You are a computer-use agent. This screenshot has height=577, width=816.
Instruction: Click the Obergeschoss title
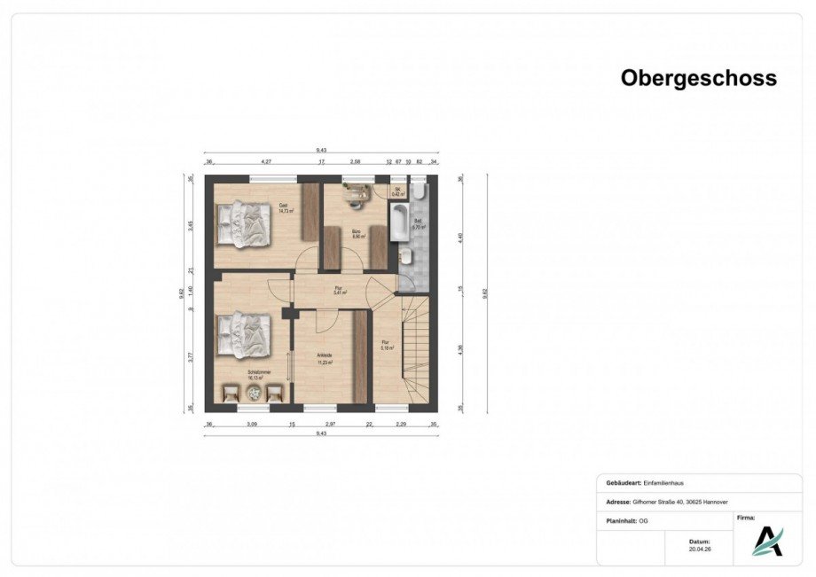[698, 78]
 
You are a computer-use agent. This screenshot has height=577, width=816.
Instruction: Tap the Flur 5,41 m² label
[339, 290]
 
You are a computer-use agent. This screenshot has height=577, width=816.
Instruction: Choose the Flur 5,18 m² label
[386, 346]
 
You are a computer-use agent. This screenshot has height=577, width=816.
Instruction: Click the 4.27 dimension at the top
[265, 163]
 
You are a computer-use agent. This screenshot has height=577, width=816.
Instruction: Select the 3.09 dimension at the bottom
[251, 425]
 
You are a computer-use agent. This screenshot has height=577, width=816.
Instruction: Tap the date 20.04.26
[699, 549]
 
